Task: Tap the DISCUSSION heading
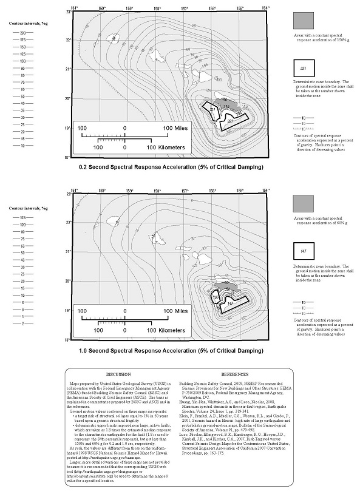(x=118, y=374)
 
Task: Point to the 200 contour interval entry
(x=22, y=33)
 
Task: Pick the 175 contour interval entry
(x=22, y=39)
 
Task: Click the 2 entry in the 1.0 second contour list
(x=22, y=323)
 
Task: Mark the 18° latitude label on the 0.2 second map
(x=67, y=157)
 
